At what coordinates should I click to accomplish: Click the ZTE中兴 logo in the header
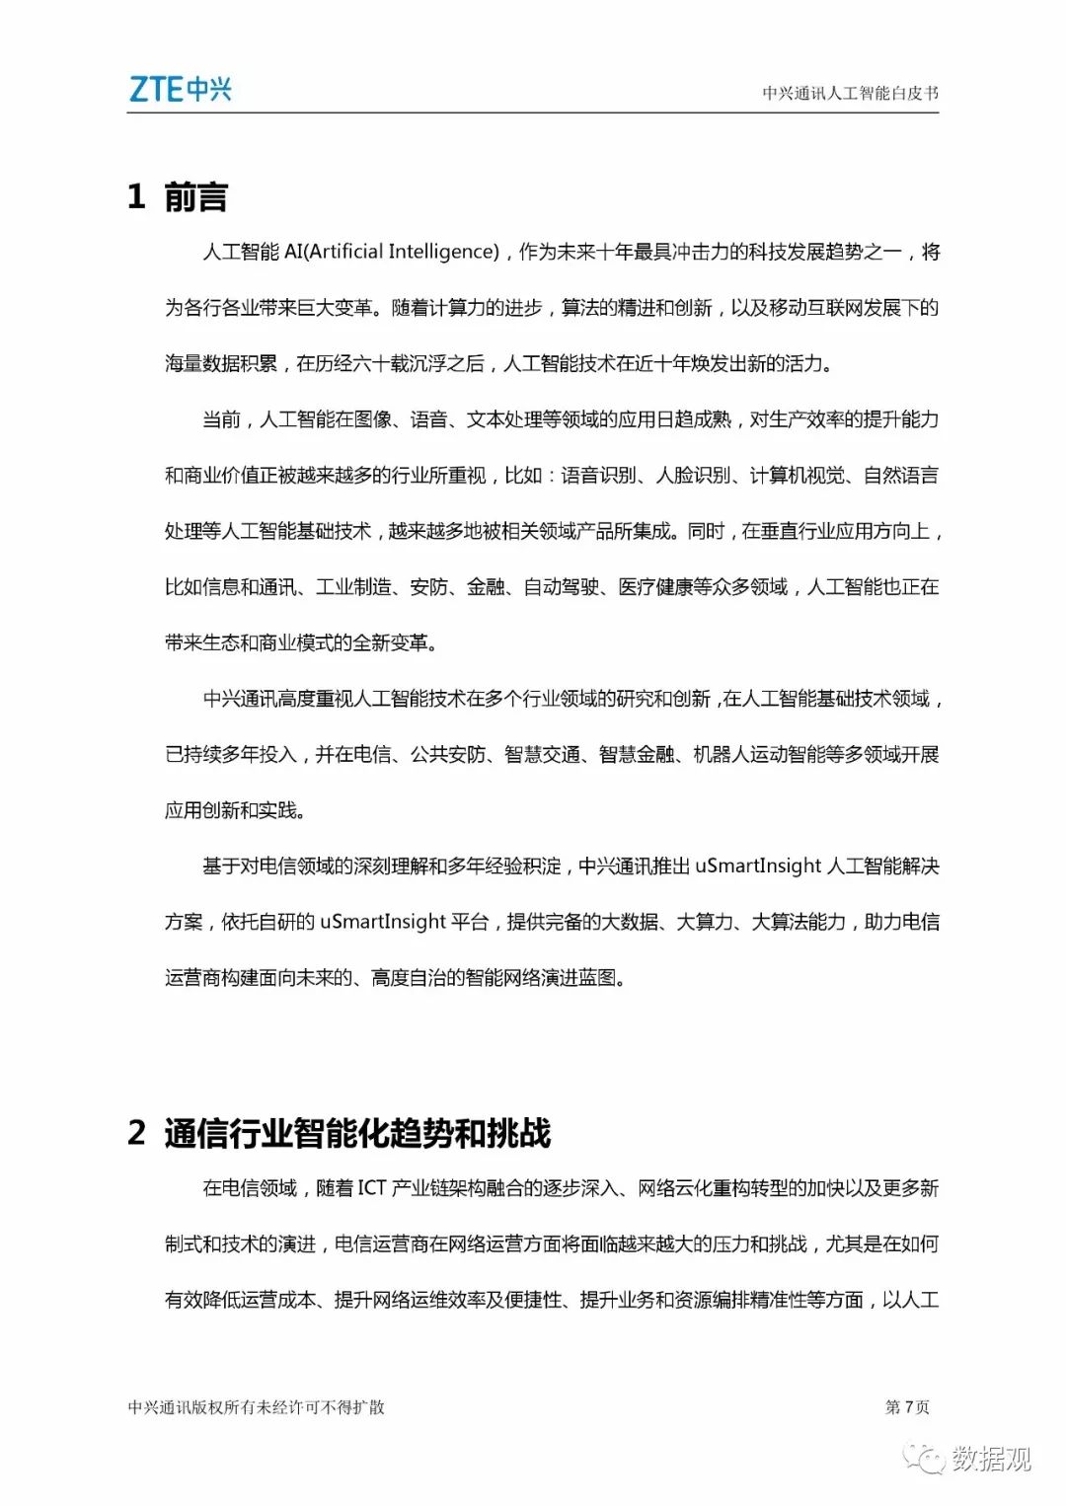point(180,90)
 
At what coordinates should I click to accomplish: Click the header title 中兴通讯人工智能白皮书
point(850,94)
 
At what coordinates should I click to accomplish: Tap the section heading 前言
point(195,197)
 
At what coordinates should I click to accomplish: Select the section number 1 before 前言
point(136,197)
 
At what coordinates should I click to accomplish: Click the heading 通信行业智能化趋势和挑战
point(357,1133)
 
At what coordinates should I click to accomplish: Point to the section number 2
point(136,1133)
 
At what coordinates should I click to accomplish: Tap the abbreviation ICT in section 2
point(371,1188)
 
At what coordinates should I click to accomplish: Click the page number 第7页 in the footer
point(907,1406)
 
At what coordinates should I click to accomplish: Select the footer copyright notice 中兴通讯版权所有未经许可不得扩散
point(257,1407)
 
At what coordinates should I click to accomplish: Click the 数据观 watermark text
point(991,1458)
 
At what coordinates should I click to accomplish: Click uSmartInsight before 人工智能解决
point(757,866)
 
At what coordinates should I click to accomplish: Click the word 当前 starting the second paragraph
point(221,419)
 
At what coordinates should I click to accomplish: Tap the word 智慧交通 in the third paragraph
point(542,755)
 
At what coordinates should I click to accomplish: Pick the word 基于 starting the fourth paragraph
point(221,866)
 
